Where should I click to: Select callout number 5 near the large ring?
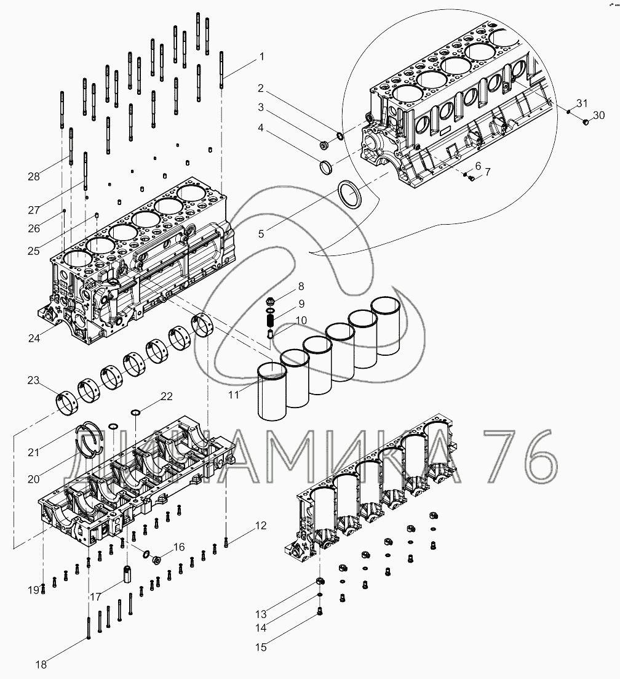(261, 233)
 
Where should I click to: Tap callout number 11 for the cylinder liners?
(233, 395)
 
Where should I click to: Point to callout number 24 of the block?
(34, 337)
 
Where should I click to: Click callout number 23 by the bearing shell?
(33, 380)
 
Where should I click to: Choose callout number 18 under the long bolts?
(41, 664)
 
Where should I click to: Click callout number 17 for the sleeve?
(95, 596)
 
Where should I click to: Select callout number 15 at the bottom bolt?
(261, 647)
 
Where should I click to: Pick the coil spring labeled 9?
(269, 319)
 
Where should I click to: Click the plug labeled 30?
(586, 123)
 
